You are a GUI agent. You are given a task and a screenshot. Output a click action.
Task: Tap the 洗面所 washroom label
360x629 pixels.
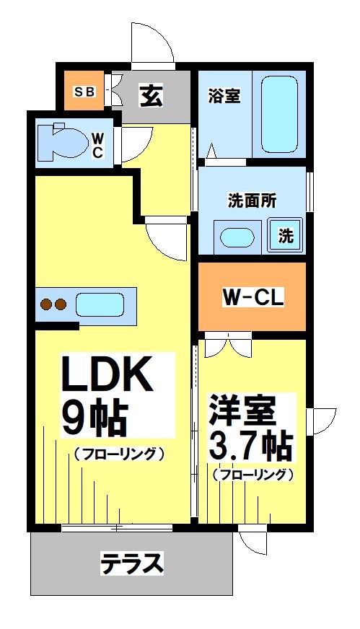[251, 201]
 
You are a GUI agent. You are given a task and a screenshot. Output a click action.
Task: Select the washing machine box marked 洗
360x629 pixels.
[286, 235]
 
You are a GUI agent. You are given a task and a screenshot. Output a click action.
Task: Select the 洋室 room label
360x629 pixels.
[242, 414]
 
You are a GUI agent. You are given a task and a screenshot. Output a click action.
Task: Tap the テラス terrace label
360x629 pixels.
[132, 563]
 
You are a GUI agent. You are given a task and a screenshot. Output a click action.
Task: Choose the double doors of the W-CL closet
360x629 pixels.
[227, 347]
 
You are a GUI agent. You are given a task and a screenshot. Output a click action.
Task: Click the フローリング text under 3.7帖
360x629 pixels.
[253, 475]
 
